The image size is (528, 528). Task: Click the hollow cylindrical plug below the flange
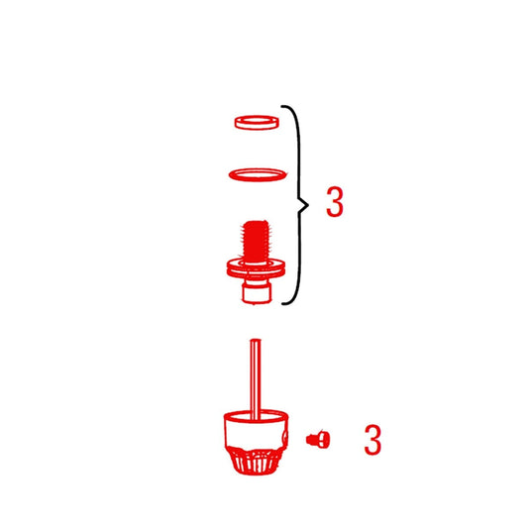click(x=257, y=291)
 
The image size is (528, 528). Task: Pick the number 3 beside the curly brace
click(x=335, y=201)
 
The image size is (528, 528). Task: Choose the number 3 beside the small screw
click(x=372, y=440)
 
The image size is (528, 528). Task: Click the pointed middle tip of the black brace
click(x=308, y=204)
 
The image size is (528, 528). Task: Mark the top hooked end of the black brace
click(x=282, y=106)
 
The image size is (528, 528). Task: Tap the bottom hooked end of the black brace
click(x=283, y=304)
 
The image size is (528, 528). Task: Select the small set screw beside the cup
click(x=318, y=439)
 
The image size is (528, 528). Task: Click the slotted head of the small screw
click(x=323, y=439)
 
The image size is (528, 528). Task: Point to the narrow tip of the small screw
click(x=308, y=439)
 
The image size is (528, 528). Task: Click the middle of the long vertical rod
click(x=256, y=378)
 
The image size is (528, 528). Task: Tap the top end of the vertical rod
click(x=256, y=340)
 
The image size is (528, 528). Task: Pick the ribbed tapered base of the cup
click(x=255, y=461)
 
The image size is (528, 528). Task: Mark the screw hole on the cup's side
click(x=285, y=437)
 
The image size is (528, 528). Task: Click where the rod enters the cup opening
click(x=256, y=418)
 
